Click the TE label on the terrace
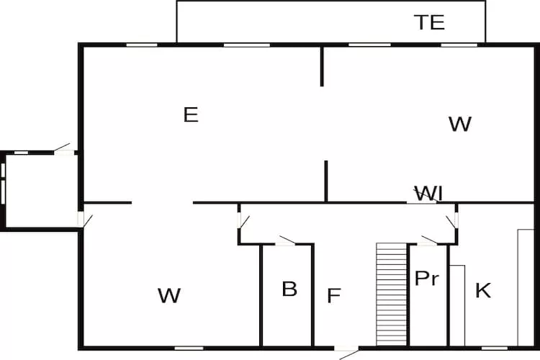point(429,22)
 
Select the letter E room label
point(191,114)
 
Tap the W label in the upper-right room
point(459,124)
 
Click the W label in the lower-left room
point(169,295)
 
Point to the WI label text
point(428,193)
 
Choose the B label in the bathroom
point(289,289)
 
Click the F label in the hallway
point(333,296)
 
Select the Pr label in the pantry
point(426,279)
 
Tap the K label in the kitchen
point(483,291)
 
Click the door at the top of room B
point(287,240)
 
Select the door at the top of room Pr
point(430,240)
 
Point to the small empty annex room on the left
point(40,191)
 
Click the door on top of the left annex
point(63,149)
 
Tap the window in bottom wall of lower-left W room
point(189,348)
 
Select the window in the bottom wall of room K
point(495,348)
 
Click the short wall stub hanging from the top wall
point(322,66)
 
